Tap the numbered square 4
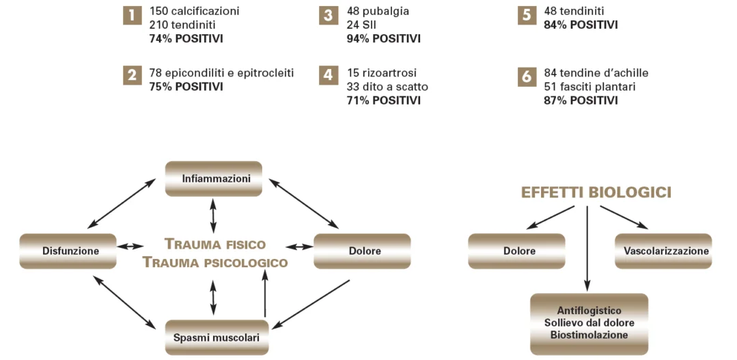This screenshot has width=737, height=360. (329, 77)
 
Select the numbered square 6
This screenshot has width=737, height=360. (526, 77)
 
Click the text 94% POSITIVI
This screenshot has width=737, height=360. (383, 38)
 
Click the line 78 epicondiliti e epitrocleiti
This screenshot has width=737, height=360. (221, 72)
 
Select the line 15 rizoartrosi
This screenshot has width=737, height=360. (381, 72)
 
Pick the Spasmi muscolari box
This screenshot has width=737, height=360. (217, 337)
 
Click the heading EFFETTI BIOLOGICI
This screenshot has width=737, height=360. (596, 193)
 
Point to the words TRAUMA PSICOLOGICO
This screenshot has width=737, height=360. (215, 262)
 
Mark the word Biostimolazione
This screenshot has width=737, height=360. (589, 335)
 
